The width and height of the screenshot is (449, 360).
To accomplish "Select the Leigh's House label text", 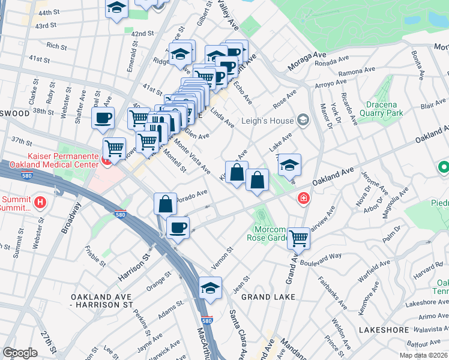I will [x=266, y=120].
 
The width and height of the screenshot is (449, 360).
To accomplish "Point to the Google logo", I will [x=20, y=353].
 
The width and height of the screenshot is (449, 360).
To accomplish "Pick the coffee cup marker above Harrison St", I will [x=178, y=228].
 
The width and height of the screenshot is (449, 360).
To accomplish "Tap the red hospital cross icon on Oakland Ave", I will [x=304, y=197].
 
